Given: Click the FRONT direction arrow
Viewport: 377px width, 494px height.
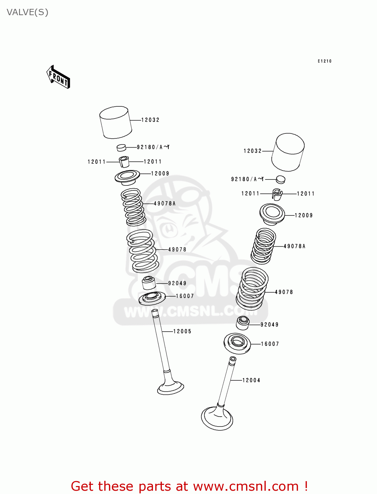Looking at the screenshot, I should click(58, 77).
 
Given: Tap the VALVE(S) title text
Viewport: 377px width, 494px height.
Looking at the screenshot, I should click(27, 13).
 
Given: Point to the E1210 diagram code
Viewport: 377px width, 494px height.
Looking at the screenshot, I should click(324, 61).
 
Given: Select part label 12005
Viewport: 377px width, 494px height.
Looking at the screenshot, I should click(182, 331).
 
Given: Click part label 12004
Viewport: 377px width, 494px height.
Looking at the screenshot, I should click(251, 380).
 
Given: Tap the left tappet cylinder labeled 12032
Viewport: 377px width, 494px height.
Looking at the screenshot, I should click(115, 122).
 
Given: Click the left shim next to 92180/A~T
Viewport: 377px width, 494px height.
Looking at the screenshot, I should click(121, 147).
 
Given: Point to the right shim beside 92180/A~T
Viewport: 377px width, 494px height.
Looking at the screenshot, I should click(280, 179).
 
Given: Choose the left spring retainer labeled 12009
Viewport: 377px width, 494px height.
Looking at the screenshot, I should click(127, 177).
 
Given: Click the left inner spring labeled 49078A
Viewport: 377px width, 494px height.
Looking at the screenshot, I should click(133, 207).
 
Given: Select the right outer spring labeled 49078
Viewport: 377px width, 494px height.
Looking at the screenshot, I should click(252, 288).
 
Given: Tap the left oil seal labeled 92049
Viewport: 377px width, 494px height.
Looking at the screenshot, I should click(149, 283).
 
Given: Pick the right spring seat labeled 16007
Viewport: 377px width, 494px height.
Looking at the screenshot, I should click(237, 343).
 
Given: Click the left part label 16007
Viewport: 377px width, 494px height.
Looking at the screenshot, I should click(185, 296).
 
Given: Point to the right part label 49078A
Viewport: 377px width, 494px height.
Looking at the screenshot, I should click(294, 246).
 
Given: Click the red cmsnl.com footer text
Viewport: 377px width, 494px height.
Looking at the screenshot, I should click(189, 486).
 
